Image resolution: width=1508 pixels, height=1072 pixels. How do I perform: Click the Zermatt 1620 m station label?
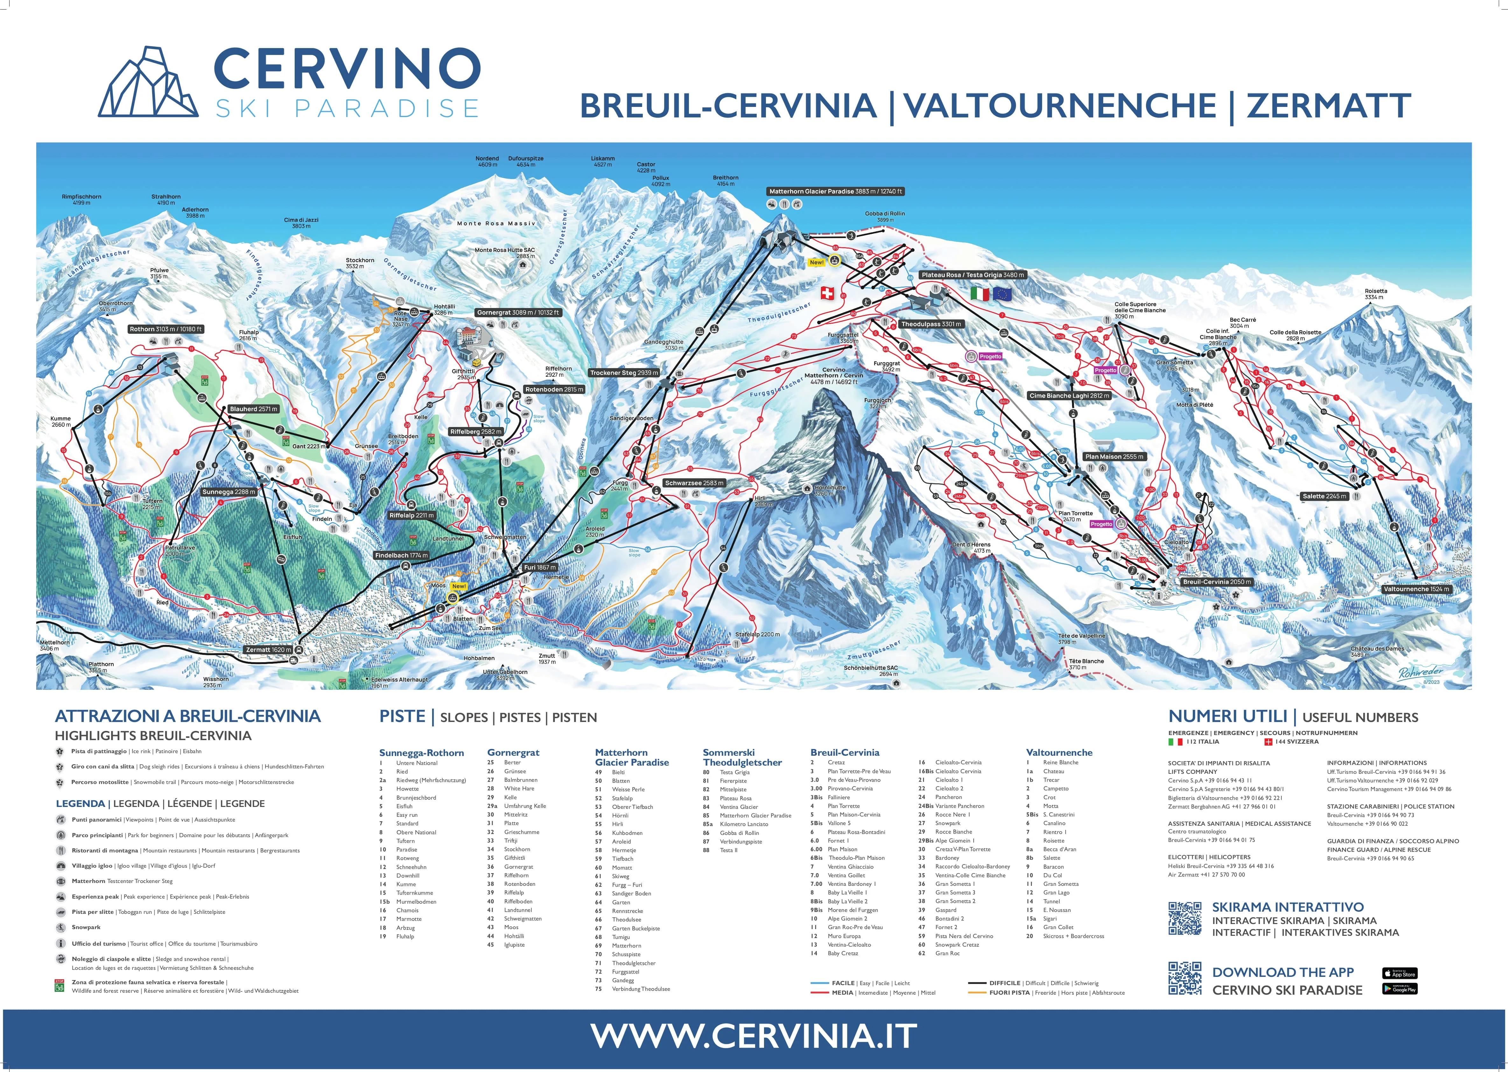pos(268,649)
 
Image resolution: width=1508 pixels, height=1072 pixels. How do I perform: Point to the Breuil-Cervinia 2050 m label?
pos(1216,582)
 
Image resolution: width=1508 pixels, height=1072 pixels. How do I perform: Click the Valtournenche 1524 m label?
pos(1416,589)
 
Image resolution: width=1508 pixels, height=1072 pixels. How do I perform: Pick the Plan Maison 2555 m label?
pos(1114,456)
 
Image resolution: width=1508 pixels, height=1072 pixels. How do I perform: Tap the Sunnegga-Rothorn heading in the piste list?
pos(421,753)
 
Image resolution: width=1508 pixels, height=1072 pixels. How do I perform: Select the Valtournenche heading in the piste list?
pos(1059,753)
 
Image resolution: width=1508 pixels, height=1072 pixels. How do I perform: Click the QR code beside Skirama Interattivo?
pos(1185,918)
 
